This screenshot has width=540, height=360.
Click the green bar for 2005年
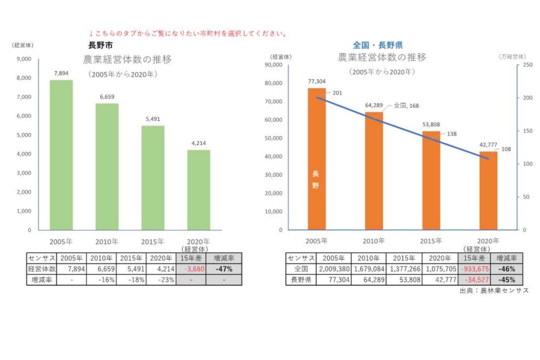click(x=61, y=155)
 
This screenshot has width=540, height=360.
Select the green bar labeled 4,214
click(x=199, y=190)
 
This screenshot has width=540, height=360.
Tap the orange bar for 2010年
click(x=374, y=171)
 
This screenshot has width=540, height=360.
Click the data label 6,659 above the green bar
click(x=107, y=96)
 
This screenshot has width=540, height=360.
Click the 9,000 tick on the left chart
click(x=24, y=59)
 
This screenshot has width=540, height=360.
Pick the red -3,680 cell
click(x=191, y=269)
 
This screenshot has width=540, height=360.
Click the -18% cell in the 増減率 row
click(x=131, y=280)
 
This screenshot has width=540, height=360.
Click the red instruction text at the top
click(x=188, y=33)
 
